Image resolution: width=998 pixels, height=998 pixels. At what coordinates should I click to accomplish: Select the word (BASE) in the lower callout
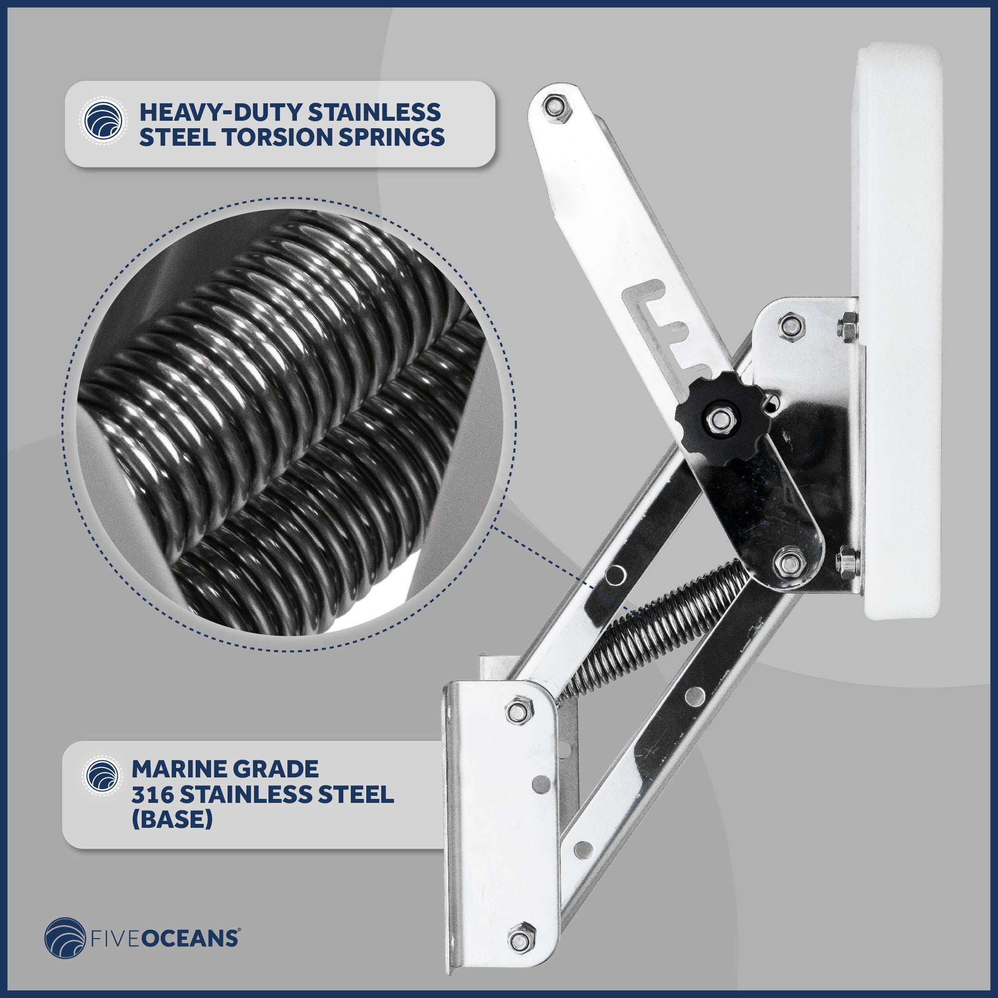coord(172,819)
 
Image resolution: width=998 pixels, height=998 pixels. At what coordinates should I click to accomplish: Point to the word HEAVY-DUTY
coord(220,112)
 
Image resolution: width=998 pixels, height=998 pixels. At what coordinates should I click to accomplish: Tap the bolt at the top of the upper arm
coord(556,109)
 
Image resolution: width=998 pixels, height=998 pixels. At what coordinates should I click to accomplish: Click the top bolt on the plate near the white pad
coord(791,326)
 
